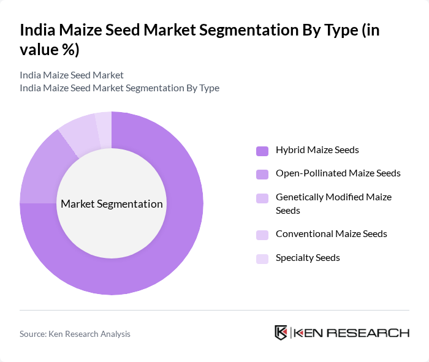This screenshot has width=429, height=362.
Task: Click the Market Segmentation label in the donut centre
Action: pos(112,204)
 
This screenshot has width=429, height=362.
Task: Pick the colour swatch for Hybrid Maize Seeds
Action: pos(262,150)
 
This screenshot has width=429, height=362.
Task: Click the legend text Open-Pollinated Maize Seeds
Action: pos(338,173)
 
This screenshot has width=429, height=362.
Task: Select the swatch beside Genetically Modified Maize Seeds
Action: pos(262,198)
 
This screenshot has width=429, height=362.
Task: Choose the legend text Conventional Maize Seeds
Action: pos(331,234)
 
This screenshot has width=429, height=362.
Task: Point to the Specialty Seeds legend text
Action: pos(308,258)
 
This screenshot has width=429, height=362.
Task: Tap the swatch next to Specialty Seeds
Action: pos(262,258)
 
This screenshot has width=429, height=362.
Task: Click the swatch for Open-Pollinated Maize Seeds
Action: pos(262,174)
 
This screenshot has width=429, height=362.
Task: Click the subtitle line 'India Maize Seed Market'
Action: pos(72,75)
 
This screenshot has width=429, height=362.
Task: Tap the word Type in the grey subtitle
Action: pos(208,88)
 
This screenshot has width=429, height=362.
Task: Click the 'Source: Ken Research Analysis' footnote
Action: pos(75,334)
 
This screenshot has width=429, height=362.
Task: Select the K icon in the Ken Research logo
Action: pos(281,333)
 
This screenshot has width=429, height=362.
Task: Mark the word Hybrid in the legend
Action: pos(290,149)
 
